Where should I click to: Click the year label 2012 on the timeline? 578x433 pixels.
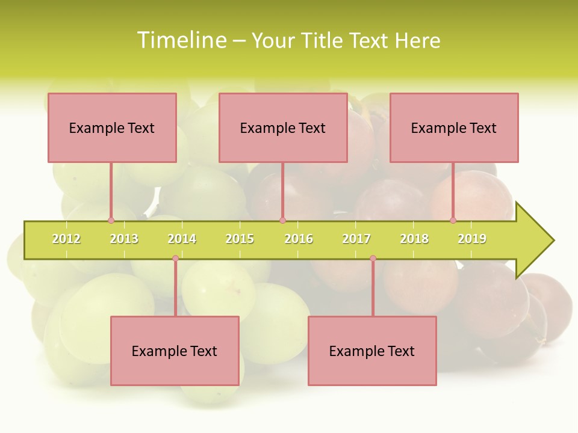66,239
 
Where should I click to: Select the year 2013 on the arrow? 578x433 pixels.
124,239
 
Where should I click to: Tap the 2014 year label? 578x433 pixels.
182,239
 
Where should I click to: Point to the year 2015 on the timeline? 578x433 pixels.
240,239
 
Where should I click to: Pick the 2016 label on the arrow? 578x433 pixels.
299,239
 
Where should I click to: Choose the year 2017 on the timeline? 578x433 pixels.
356,239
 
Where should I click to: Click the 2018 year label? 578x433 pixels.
414,239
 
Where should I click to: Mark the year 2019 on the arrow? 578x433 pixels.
472,239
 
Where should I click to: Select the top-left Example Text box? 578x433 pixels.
112,128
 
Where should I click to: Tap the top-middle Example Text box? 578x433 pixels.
283,128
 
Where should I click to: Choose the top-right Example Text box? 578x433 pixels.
454,128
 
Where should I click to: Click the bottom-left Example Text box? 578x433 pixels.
175,351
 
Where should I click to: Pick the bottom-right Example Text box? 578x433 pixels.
372,351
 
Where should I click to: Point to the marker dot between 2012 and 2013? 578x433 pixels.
111,221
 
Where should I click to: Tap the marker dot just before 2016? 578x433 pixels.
282,221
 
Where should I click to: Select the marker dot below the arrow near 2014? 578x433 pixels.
175,259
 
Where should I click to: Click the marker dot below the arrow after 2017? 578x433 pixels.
373,259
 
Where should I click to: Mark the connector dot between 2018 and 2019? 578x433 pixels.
453,221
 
